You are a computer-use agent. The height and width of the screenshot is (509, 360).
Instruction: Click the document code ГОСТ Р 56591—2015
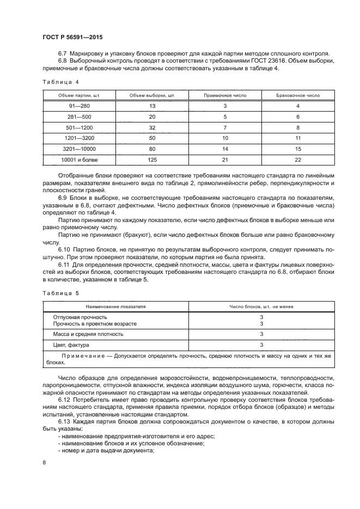coord(72,38)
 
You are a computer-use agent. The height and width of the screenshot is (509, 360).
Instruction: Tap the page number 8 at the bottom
coord(44,462)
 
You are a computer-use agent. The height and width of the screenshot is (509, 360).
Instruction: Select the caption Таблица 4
coord(60,82)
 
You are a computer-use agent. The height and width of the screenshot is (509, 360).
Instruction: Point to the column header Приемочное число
coord(225,95)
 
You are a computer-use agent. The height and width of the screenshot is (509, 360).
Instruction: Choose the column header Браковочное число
coord(298,95)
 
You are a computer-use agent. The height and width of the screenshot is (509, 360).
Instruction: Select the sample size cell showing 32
coord(152,127)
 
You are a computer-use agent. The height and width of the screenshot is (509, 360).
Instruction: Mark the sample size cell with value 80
coord(152,149)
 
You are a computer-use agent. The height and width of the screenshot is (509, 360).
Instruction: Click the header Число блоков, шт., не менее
coord(261,306)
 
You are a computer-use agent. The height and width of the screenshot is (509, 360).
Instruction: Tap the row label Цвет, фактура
coord(71,345)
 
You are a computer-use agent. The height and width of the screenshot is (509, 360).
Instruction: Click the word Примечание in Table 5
coord(82,356)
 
